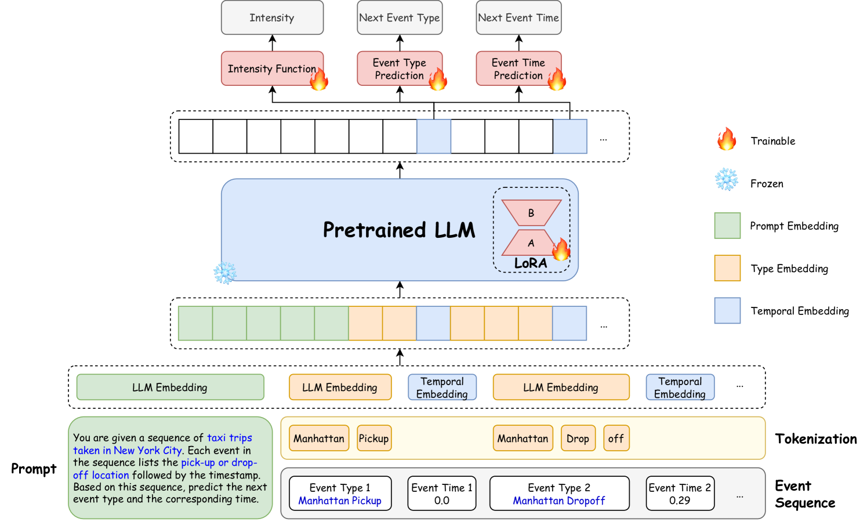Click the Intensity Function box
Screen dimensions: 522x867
[271, 68]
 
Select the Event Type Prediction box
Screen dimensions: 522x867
[399, 68]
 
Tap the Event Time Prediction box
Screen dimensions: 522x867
[518, 68]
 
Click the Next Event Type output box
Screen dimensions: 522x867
[399, 17]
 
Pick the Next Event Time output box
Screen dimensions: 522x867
[518, 17]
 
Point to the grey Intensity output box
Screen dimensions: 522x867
[271, 17]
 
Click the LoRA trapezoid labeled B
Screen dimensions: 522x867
[531, 213]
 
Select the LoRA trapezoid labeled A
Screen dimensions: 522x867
[529, 243]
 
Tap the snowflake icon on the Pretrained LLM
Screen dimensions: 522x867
[225, 273]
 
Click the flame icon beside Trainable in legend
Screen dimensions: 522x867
[727, 140]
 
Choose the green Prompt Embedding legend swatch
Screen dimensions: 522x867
[727, 226]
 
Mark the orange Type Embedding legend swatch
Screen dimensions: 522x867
[727, 268]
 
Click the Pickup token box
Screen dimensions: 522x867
[373, 438]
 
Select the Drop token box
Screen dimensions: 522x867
[578, 438]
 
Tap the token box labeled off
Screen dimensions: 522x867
[616, 438]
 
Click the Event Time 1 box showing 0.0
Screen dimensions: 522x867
[441, 494]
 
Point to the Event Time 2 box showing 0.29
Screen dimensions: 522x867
[680, 494]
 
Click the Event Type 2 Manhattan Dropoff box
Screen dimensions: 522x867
[559, 494]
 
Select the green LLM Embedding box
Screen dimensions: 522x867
[170, 387]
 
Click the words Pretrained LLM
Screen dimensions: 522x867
[399, 230]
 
